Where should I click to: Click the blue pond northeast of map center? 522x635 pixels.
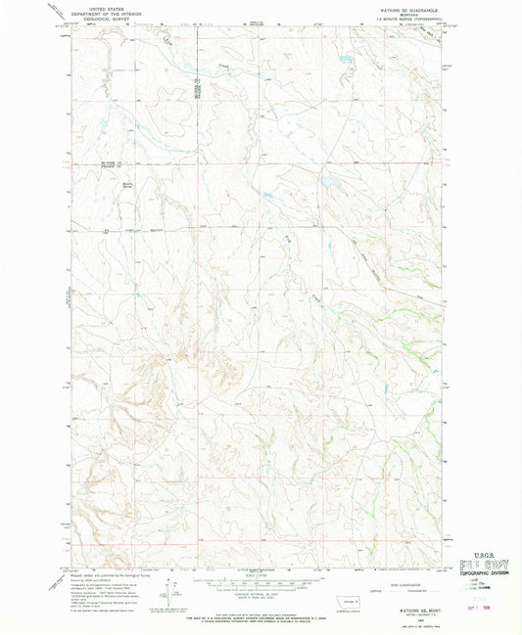pyautogui.click(x=326, y=182)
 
